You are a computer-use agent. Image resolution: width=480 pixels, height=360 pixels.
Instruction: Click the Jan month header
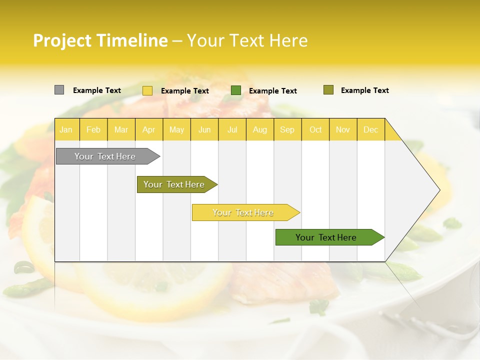pyautogui.click(x=66, y=129)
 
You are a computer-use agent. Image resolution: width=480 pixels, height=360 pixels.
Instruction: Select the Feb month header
pyautogui.click(x=93, y=129)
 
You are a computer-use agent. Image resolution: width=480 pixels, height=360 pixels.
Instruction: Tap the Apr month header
pyautogui.click(x=148, y=129)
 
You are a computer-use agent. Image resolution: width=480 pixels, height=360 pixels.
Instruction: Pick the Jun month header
pyautogui.click(x=204, y=129)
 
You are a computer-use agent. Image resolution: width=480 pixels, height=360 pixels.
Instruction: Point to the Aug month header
pyautogui.click(x=259, y=129)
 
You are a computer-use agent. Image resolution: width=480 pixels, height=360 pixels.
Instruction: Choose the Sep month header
pyautogui.click(x=287, y=129)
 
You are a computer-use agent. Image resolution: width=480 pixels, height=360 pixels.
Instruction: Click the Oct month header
pyautogui.click(x=315, y=129)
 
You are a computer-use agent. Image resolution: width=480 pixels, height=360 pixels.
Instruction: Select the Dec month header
pyautogui.click(x=370, y=129)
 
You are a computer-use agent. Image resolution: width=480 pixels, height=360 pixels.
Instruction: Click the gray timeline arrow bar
pyautogui.click(x=105, y=156)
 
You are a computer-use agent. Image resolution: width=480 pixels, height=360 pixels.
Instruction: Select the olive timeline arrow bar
pyautogui.click(x=174, y=184)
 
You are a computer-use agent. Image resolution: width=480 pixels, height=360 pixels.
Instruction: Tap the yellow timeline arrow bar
pyautogui.click(x=243, y=212)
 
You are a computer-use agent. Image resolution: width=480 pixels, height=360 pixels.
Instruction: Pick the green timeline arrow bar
pyautogui.click(x=326, y=237)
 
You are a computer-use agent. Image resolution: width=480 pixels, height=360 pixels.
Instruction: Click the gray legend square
pyautogui.click(x=59, y=90)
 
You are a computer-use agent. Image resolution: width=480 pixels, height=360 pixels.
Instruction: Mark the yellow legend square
pyautogui.click(x=147, y=90)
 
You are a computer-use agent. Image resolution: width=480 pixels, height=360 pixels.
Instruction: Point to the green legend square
pyautogui.click(x=236, y=90)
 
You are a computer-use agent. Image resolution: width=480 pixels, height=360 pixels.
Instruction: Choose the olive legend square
pyautogui.click(x=328, y=90)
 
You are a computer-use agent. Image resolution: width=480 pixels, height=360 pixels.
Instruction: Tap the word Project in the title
pyautogui.click(x=62, y=40)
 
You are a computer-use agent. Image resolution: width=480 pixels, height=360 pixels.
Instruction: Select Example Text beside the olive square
pyautogui.click(x=364, y=90)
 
